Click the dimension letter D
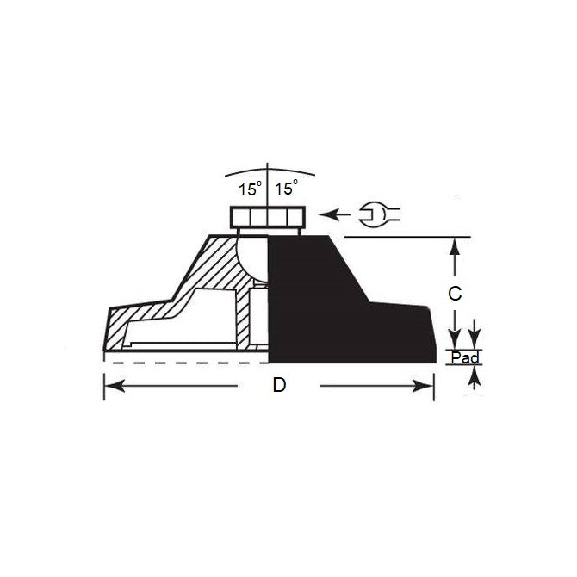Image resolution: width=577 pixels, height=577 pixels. coord(279,386)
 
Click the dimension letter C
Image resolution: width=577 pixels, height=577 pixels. coord(456,293)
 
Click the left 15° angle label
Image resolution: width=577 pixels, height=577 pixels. coord(250,188)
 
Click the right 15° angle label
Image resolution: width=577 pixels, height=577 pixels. coord(285,188)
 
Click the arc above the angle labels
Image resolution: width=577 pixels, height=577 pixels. coord(267,165)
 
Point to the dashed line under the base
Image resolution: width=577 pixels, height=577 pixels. coord(172,364)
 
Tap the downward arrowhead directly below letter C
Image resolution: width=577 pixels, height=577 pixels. coord(456,338)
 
